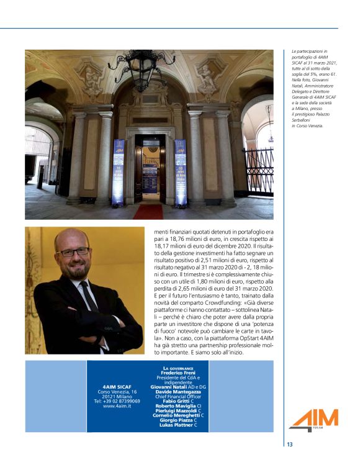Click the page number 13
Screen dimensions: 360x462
coord(290,444)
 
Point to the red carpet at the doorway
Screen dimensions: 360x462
coord(148,212)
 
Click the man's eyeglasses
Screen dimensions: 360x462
coord(73,252)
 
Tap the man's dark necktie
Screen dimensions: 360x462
coord(88,297)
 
